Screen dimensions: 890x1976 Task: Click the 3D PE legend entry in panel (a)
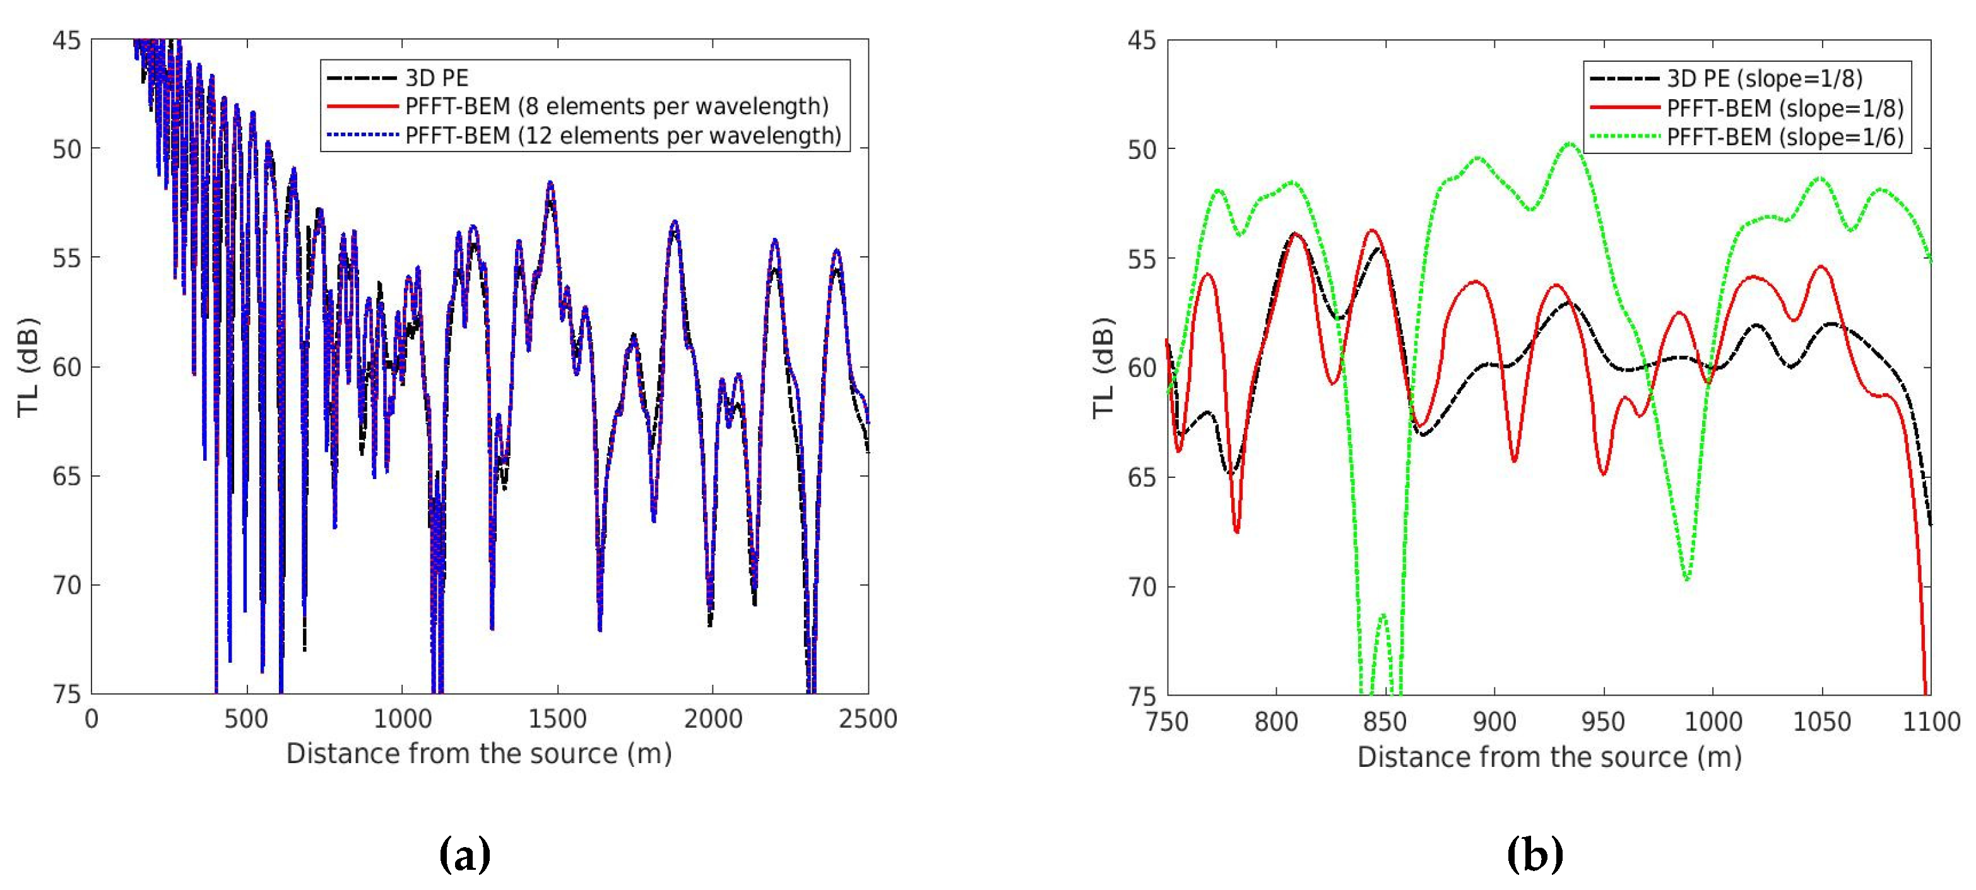(x=435, y=78)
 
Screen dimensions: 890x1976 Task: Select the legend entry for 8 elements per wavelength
(x=616, y=106)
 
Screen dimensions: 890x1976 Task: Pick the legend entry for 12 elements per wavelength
(x=622, y=135)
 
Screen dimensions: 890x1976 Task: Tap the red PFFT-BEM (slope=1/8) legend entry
(x=1785, y=107)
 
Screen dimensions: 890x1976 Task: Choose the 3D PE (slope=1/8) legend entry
(x=1763, y=78)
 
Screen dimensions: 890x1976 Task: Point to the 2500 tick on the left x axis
(x=868, y=719)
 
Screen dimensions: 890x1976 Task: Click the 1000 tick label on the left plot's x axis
(x=402, y=719)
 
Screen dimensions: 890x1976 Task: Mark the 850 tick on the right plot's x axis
(x=1385, y=721)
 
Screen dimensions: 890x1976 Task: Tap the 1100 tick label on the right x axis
(x=1931, y=721)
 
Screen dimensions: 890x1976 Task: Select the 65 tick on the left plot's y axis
(x=66, y=477)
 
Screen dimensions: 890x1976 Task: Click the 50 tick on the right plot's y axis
(x=1142, y=150)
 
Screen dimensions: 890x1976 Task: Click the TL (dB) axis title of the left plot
(x=28, y=367)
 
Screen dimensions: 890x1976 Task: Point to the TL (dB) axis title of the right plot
(x=1103, y=367)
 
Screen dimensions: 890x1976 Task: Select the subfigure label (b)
(x=1534, y=854)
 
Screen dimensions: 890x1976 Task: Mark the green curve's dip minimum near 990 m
(x=1687, y=579)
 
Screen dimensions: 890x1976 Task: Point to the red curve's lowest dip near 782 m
(x=1236, y=531)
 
